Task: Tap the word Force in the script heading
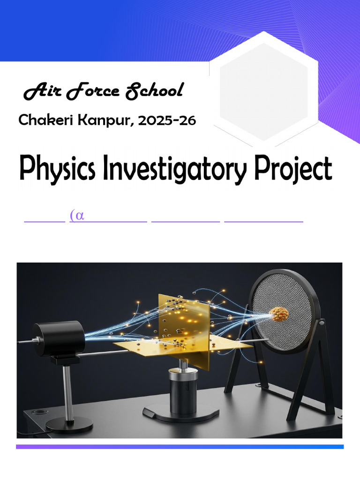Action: click(93, 91)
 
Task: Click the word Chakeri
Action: click(45, 120)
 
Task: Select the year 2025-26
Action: click(167, 120)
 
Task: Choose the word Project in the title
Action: click(293, 169)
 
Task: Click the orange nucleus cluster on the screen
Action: click(279, 315)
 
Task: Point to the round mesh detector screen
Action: click(283, 312)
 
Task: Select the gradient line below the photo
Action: click(180, 447)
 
